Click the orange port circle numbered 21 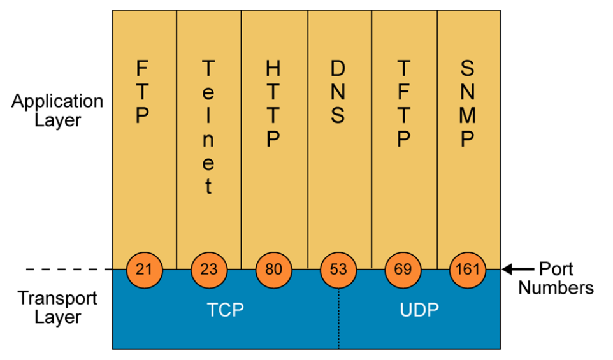(x=144, y=270)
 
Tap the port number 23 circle (x=209, y=270)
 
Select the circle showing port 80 (x=273, y=270)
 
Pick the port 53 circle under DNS (x=338, y=270)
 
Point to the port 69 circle (x=403, y=270)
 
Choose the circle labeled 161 (x=468, y=270)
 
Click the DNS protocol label (x=338, y=92)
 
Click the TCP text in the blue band (x=226, y=310)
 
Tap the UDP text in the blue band (x=419, y=310)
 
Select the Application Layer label (x=57, y=110)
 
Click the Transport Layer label (x=57, y=307)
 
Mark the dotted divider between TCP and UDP (x=338, y=319)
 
